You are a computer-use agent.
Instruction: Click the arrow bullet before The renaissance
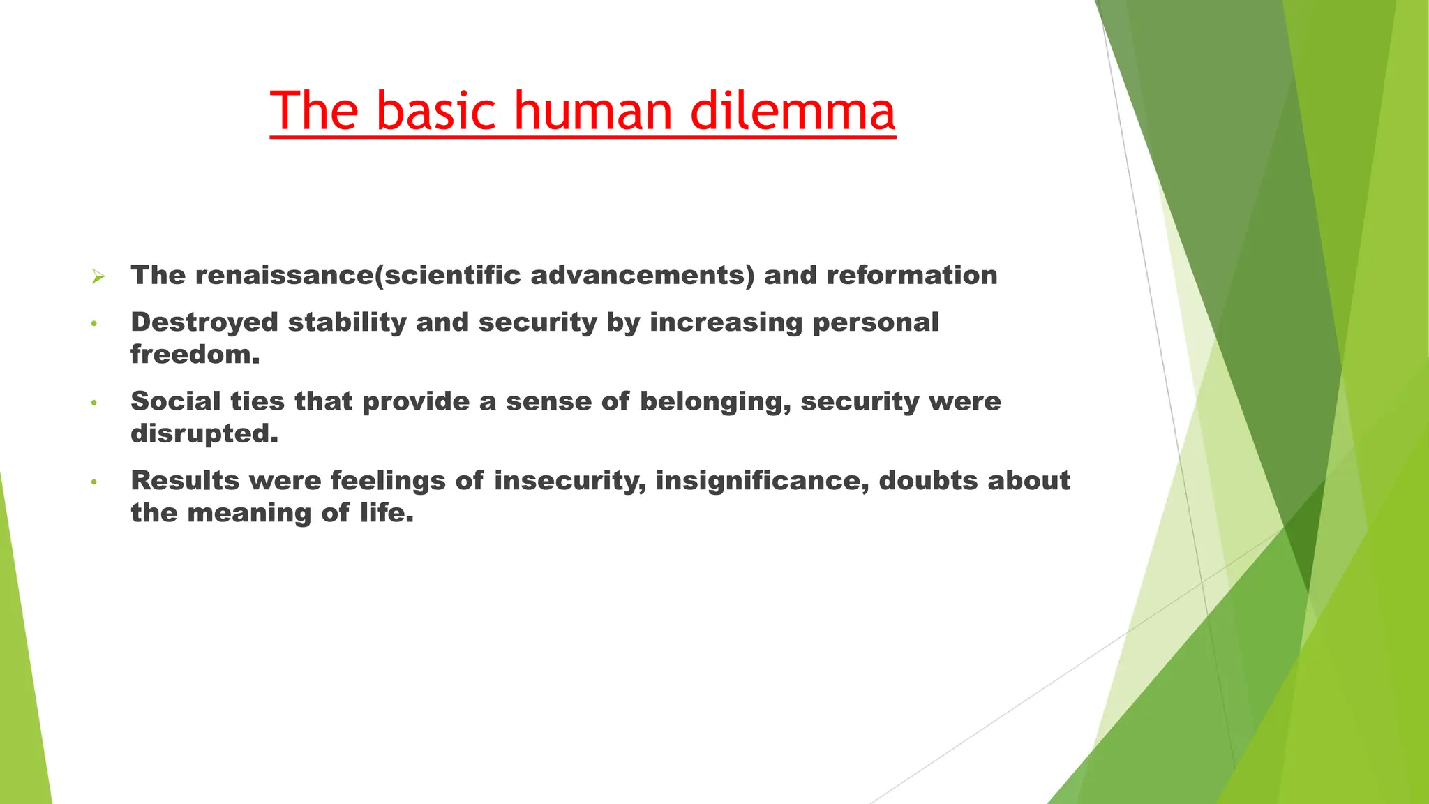98,277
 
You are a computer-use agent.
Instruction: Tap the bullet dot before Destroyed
93,324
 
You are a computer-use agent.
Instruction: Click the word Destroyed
204,322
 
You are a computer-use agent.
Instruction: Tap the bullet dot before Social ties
93,403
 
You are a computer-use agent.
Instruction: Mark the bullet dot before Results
93,482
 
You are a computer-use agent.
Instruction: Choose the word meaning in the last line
250,513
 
